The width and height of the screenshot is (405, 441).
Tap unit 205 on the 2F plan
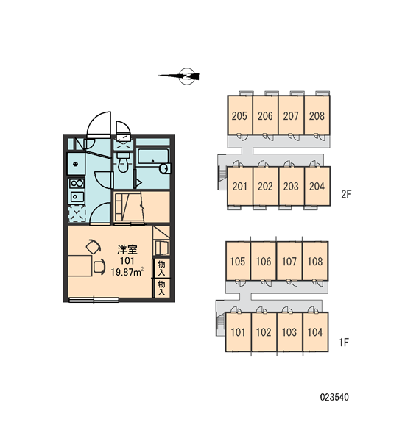click(x=240, y=115)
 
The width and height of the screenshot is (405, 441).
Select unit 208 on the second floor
click(x=317, y=115)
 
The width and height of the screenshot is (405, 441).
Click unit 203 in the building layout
click(x=291, y=186)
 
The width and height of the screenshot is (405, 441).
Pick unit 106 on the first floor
click(x=263, y=261)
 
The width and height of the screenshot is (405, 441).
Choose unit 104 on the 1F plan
click(x=315, y=332)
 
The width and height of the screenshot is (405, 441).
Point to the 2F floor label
click(x=346, y=194)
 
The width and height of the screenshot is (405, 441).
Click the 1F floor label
click(x=344, y=342)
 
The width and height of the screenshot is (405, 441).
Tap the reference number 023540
click(x=334, y=397)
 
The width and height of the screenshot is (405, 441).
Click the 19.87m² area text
click(x=127, y=272)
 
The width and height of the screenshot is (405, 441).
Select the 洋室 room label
click(x=127, y=249)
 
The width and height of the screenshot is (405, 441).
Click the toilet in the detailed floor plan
click(x=122, y=162)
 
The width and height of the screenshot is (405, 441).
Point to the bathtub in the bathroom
click(x=152, y=157)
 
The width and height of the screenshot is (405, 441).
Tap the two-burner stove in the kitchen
click(x=77, y=184)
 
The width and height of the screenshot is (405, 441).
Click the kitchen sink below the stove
click(x=77, y=196)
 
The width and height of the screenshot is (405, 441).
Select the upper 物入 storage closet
click(x=161, y=268)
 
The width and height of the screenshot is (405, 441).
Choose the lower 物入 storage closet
click(x=161, y=288)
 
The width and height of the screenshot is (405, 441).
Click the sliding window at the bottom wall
click(x=94, y=300)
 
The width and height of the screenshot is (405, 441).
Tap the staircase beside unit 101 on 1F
click(x=220, y=323)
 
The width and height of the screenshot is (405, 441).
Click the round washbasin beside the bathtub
click(x=164, y=169)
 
